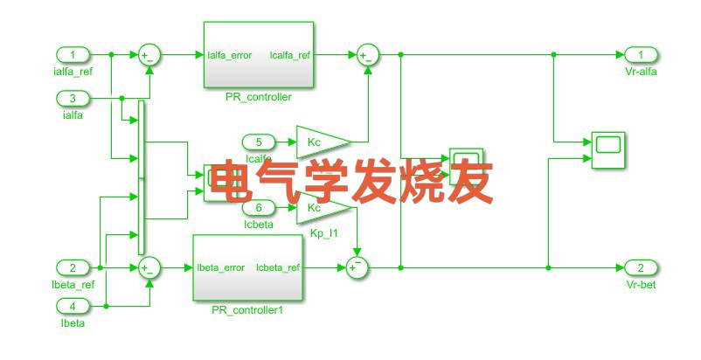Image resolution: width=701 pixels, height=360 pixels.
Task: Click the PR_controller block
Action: pyautogui.click(x=258, y=55)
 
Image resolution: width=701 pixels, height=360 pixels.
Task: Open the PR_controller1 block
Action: pyautogui.click(x=247, y=267)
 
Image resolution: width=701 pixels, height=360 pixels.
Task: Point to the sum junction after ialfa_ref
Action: pyautogui.click(x=149, y=55)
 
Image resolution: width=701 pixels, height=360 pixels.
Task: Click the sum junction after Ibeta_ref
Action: pyautogui.click(x=149, y=268)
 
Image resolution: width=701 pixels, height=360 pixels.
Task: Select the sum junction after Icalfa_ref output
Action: pyautogui.click(x=366, y=55)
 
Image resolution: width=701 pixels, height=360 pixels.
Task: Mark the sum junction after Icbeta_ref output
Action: pyautogui.click(x=357, y=268)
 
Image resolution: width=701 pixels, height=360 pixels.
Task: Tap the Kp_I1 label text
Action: pyautogui.click(x=323, y=233)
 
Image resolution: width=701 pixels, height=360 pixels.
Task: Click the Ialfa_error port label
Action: pyautogui.click(x=231, y=55)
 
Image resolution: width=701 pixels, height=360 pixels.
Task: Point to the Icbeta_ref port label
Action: pyautogui.click(x=278, y=267)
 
